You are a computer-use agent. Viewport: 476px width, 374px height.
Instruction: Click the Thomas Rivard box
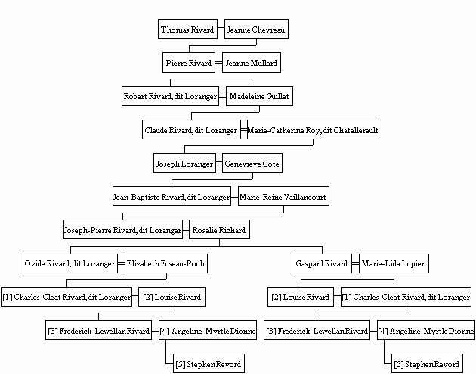click(x=187, y=29)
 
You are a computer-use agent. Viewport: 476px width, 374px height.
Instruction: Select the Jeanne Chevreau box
click(x=256, y=29)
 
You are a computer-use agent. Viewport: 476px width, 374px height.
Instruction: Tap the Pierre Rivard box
click(x=189, y=63)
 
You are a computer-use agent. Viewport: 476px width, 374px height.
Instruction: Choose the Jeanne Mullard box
click(x=252, y=63)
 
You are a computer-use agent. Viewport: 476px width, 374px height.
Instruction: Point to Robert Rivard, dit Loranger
click(x=170, y=96)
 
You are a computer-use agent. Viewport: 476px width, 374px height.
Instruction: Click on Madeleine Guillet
click(x=259, y=96)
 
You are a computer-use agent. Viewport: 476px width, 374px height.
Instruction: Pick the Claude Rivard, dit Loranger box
click(x=191, y=129)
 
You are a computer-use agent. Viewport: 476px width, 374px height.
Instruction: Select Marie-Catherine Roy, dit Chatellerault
click(x=313, y=129)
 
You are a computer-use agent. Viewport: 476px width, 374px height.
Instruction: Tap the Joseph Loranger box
click(x=184, y=163)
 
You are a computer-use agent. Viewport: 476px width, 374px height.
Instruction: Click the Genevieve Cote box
click(x=252, y=163)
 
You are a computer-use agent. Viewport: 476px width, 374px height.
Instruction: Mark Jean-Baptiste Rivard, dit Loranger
click(x=172, y=196)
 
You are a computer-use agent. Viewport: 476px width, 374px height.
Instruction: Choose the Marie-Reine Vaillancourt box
click(x=283, y=196)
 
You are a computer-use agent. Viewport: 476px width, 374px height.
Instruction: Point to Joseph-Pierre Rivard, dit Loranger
click(x=123, y=229)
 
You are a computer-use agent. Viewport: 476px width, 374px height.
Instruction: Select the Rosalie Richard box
click(x=219, y=229)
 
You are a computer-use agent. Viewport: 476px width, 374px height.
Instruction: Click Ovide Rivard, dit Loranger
click(x=70, y=263)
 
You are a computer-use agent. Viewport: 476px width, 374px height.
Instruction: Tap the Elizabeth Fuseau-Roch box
click(x=166, y=263)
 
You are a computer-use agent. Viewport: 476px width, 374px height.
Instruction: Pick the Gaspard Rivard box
click(x=322, y=263)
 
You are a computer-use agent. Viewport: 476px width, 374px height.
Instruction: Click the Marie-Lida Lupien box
click(x=394, y=263)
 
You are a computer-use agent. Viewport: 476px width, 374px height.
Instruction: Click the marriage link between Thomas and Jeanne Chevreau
click(x=221, y=30)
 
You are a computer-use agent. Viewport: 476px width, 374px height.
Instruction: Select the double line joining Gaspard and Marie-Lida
click(x=355, y=263)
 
